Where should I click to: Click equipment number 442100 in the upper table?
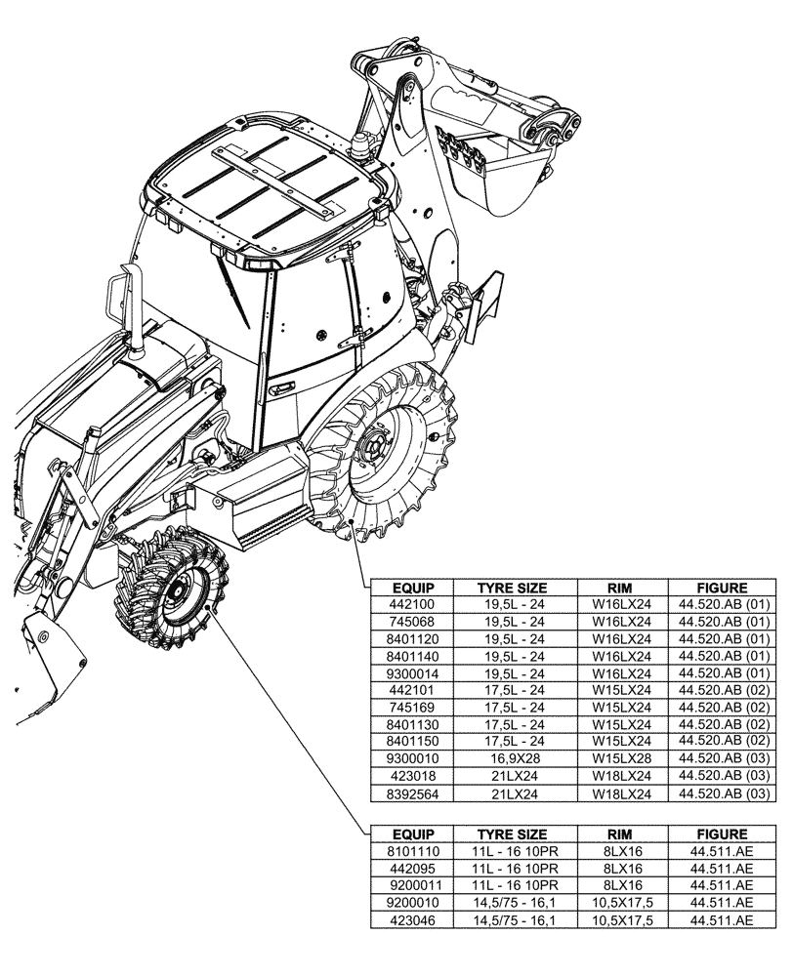(x=411, y=604)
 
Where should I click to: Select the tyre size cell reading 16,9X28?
(x=511, y=757)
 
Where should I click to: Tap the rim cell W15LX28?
(x=621, y=757)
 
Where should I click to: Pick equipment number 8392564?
(x=411, y=795)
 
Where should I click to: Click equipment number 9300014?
(x=411, y=673)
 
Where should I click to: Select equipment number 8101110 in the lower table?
(x=411, y=851)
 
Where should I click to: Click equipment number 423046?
(x=411, y=920)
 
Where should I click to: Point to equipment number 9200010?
(x=411, y=904)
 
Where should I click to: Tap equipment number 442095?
(x=411, y=869)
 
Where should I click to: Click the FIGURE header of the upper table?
(x=722, y=588)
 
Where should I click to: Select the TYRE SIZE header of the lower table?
(x=511, y=834)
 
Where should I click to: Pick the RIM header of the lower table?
(x=621, y=834)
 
